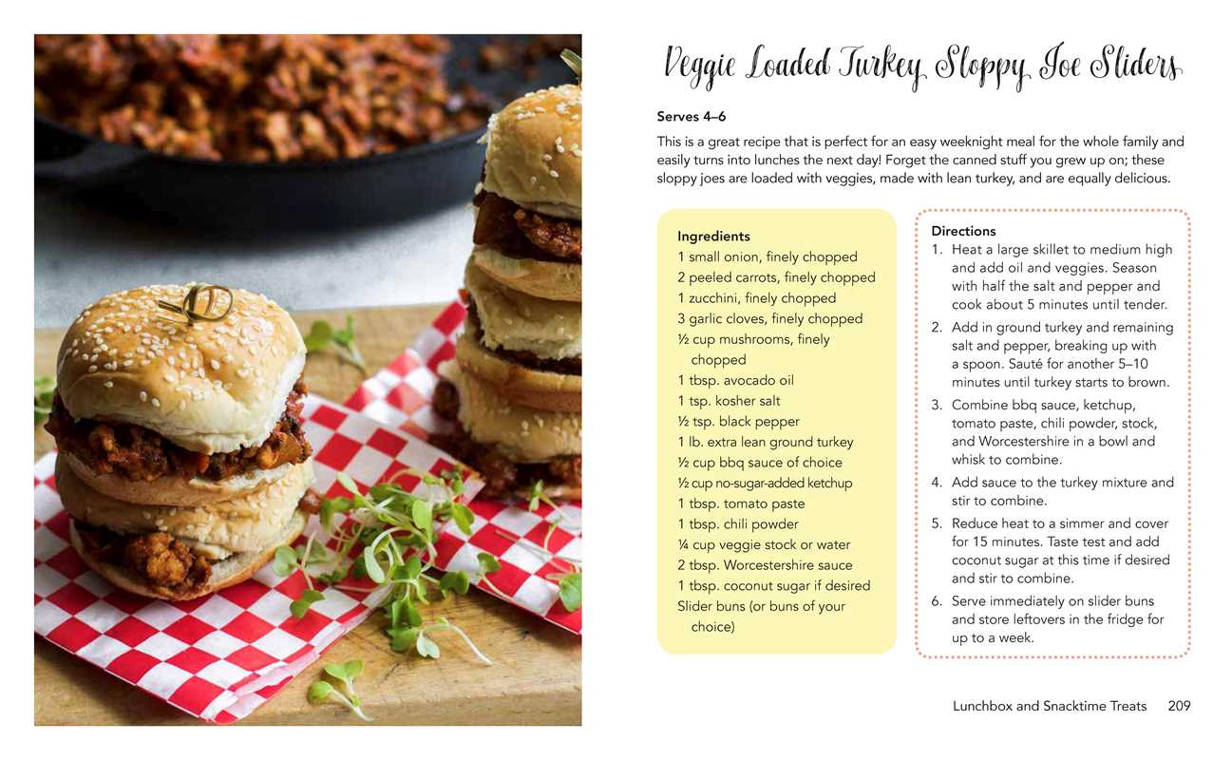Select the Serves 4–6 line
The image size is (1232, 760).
[692, 117]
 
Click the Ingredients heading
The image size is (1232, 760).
[713, 237]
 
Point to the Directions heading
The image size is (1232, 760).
[963, 231]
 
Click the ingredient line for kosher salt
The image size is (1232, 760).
[729, 401]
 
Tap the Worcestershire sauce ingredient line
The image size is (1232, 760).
[765, 565]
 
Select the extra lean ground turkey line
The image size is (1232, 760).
[765, 442]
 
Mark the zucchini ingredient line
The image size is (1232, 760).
[756, 298]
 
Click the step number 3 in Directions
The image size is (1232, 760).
[937, 406]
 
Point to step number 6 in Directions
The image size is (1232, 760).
[937, 601]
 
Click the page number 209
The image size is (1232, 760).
[1179, 706]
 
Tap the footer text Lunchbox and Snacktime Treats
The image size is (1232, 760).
[1050, 706]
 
